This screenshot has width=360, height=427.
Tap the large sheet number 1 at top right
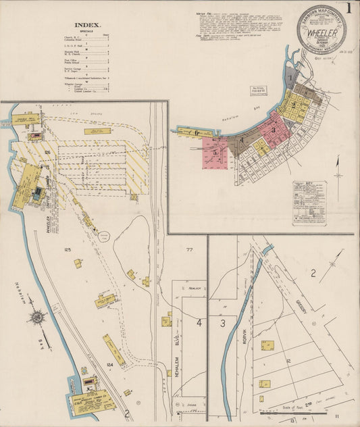(x=348, y=9)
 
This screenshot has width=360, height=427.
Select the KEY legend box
(x=309, y=202)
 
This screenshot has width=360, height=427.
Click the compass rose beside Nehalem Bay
(x=38, y=316)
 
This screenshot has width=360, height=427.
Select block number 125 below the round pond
(x=68, y=250)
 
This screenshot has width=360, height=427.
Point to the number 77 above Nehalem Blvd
(x=190, y=250)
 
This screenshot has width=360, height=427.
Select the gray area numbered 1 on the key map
(x=290, y=78)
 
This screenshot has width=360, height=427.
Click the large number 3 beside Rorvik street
(x=222, y=324)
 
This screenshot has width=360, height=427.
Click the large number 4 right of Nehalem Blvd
(x=199, y=323)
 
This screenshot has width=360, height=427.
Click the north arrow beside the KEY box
(x=338, y=183)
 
